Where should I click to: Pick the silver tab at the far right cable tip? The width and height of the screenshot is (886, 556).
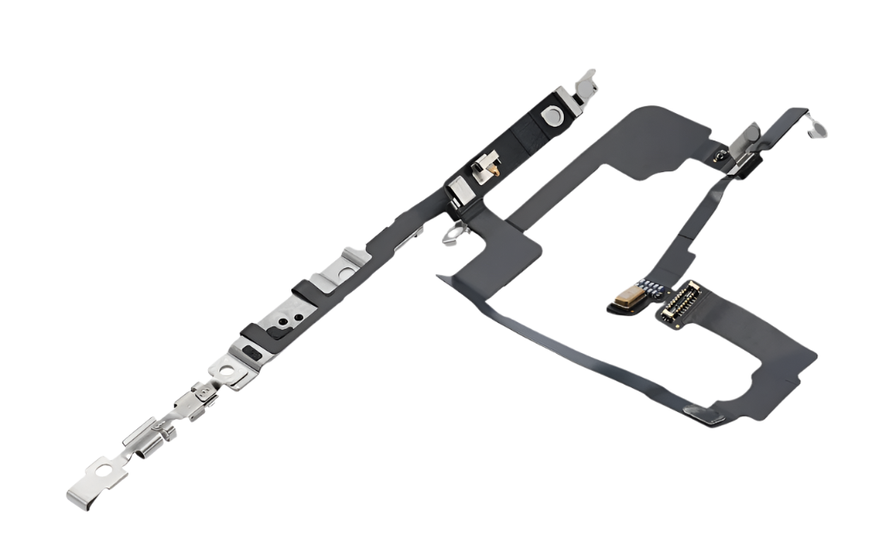click(x=818, y=129)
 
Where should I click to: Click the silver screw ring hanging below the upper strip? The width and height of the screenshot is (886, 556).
click(x=451, y=234)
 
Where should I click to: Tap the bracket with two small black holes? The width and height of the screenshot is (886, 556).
click(x=287, y=315)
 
